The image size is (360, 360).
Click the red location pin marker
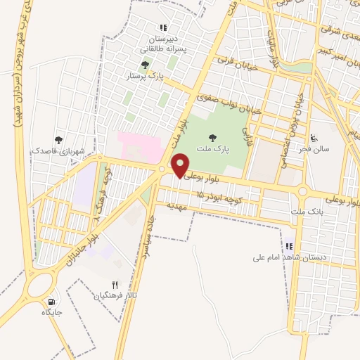click(x=180, y=165)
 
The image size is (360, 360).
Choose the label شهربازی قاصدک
click(x=58, y=150)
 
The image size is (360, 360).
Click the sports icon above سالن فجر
click(x=314, y=138)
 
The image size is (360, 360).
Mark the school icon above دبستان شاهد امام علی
click(x=288, y=246)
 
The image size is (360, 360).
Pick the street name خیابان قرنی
click(x=235, y=67)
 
